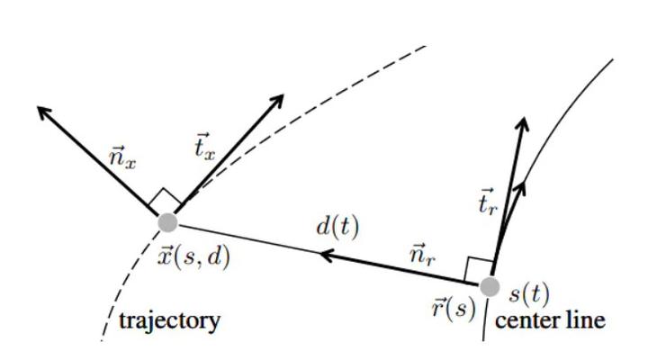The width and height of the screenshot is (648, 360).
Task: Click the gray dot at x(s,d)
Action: (166, 221)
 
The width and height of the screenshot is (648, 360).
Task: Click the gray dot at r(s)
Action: (490, 287)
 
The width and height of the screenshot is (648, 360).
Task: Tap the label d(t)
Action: (337, 227)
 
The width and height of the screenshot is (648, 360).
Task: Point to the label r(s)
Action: (453, 307)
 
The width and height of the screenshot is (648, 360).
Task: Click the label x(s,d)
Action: (194, 256)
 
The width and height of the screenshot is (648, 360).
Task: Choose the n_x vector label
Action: (123, 159)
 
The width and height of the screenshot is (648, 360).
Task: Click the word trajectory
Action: (170, 320)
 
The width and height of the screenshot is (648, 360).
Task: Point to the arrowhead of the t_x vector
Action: (279, 99)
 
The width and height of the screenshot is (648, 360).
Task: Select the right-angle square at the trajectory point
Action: (167, 201)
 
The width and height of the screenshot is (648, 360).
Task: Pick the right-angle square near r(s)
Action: (479, 267)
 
